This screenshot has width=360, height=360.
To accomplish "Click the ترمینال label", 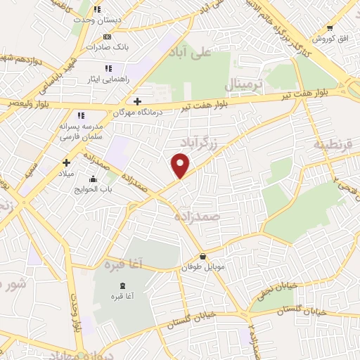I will (243, 84).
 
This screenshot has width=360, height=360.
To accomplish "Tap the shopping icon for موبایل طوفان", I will (203, 257).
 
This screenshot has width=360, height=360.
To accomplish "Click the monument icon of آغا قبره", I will (124, 285).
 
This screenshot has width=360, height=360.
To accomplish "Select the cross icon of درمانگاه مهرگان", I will (138, 101).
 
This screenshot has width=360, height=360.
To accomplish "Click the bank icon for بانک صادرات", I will (107, 37).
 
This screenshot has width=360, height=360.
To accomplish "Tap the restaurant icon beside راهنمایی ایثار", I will (108, 68).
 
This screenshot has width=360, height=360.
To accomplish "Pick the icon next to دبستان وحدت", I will (97, 10).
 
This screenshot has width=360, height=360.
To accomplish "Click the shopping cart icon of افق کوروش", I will (330, 28).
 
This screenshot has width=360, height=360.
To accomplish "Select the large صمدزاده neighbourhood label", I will (199, 217).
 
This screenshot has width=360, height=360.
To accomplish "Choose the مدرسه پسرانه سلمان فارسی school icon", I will (81, 115).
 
